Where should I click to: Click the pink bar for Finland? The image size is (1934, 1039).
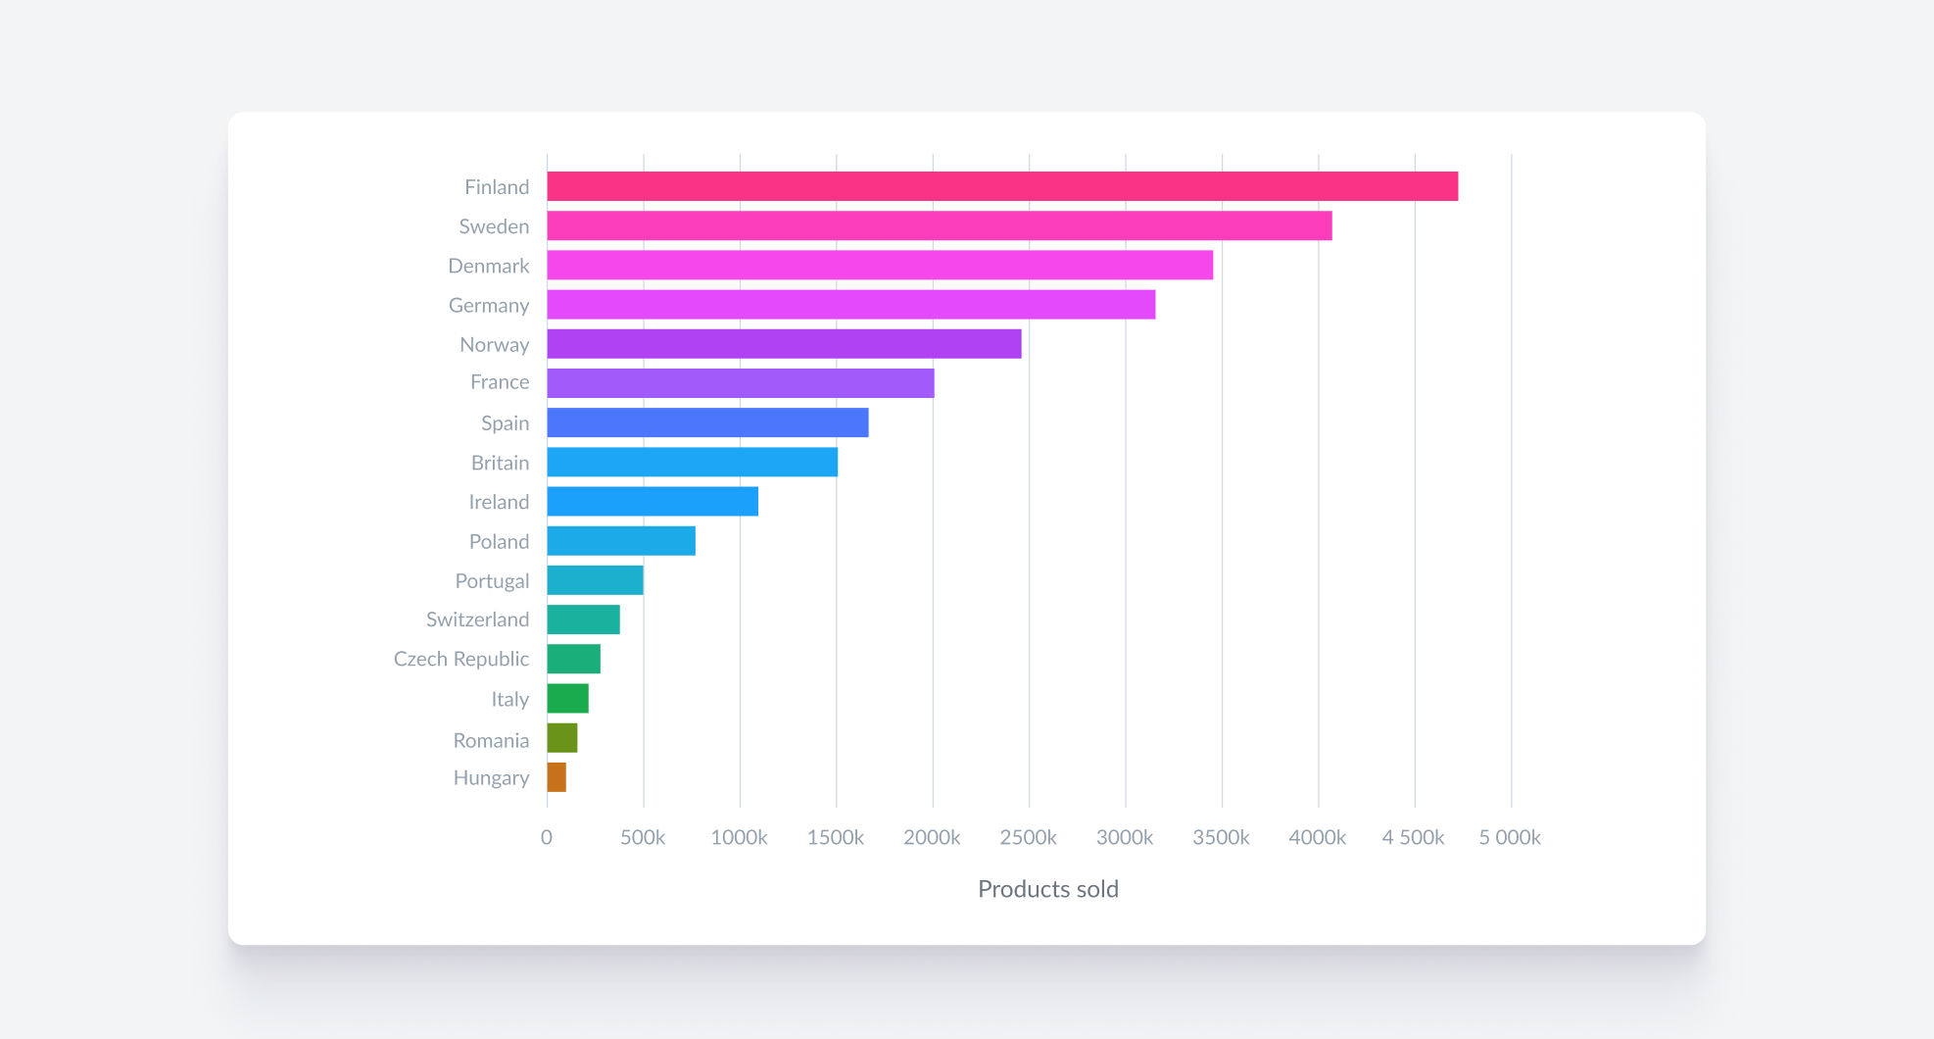pyautogui.click(x=1001, y=186)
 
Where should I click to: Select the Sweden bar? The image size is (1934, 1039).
pyautogui.click(x=939, y=225)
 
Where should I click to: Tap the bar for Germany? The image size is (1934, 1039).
pyautogui.click(x=850, y=305)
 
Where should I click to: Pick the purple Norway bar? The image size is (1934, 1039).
pyautogui.click(x=784, y=344)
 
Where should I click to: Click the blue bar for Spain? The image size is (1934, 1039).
pyautogui.click(x=707, y=422)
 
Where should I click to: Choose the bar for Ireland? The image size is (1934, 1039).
pyautogui.click(x=653, y=502)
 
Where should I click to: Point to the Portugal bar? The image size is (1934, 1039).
pyautogui.click(x=595, y=580)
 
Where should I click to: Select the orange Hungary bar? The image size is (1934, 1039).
pyautogui.click(x=556, y=777)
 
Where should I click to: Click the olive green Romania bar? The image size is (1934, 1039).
pyautogui.click(x=562, y=738)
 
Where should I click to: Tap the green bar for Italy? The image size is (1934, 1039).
pyautogui.click(x=567, y=699)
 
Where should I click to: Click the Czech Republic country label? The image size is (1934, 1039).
pyautogui.click(x=460, y=659)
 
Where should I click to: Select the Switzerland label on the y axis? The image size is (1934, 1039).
pyautogui.click(x=477, y=619)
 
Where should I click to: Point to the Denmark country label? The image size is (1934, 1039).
pyautogui.click(x=488, y=266)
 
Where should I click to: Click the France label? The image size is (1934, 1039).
pyautogui.click(x=499, y=382)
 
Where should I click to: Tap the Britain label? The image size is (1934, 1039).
pyautogui.click(x=500, y=463)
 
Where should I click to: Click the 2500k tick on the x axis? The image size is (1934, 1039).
pyautogui.click(x=1028, y=837)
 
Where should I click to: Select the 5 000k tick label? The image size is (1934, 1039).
pyautogui.click(x=1509, y=837)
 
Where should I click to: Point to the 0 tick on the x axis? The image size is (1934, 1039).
pyautogui.click(x=547, y=837)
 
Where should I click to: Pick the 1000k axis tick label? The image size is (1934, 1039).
pyautogui.click(x=739, y=837)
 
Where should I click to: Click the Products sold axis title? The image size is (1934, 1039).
pyautogui.click(x=1047, y=889)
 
